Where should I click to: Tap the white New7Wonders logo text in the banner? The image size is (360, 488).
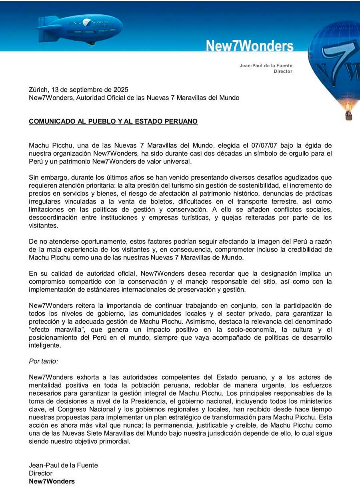point(250,46)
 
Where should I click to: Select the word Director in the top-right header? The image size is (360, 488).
point(283,72)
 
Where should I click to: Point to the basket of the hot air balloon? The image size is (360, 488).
point(348,115)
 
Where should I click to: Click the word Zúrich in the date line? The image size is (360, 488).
point(38,90)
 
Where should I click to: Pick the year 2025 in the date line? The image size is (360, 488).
point(121,90)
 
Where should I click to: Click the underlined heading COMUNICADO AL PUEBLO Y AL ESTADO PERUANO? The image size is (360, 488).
point(113,121)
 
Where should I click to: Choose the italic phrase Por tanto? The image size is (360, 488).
point(44,361)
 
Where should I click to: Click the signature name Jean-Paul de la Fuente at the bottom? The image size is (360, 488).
point(63,465)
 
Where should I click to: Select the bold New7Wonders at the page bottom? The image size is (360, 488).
point(52,481)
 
